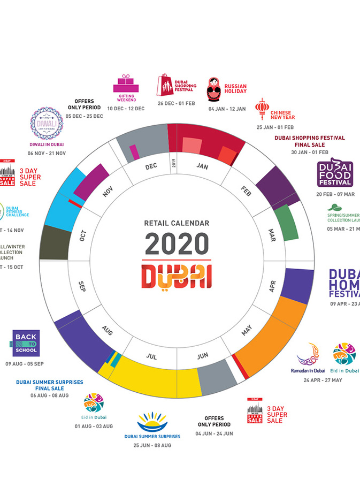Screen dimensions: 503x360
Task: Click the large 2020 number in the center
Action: point(176,243)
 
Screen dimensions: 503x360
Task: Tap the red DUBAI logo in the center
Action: point(176,276)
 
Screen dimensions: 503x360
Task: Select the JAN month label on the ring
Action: point(202,166)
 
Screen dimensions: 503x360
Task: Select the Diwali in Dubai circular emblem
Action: point(47,124)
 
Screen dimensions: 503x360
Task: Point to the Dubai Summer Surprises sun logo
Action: point(152,422)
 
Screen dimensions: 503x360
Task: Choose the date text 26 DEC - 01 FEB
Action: point(176,103)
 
